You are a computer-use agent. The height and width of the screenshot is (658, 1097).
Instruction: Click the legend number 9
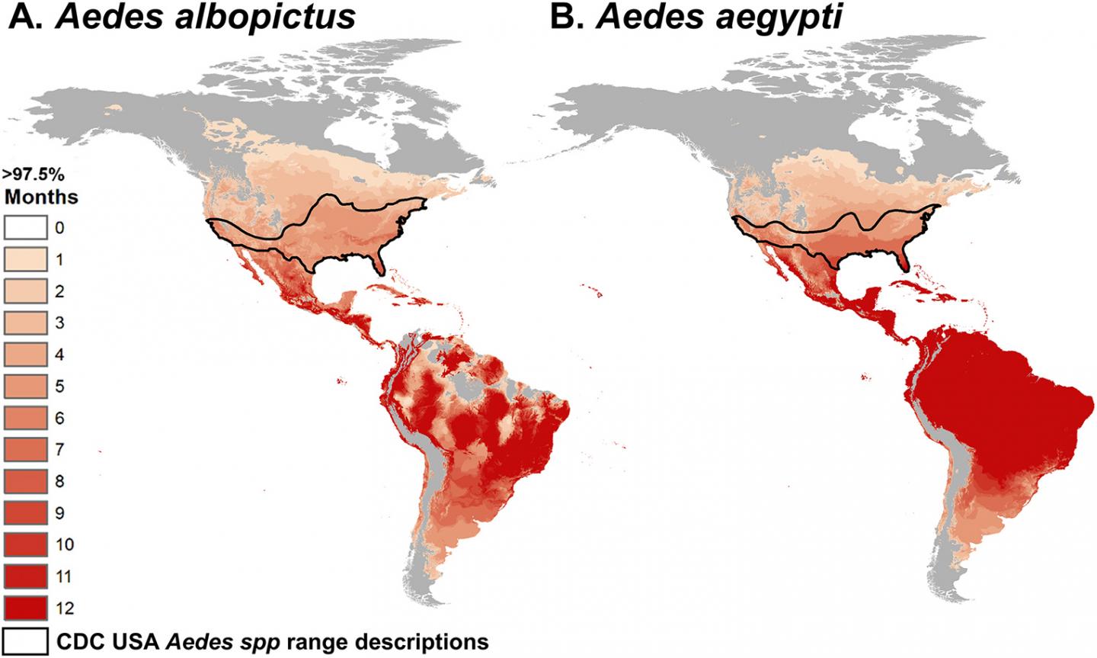point(60,513)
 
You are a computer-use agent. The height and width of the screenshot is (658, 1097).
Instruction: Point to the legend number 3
point(60,323)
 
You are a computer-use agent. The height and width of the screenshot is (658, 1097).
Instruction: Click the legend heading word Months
point(42,197)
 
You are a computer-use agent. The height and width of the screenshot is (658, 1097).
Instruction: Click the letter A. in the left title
point(26,17)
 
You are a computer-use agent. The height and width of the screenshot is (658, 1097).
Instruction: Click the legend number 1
point(60,260)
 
